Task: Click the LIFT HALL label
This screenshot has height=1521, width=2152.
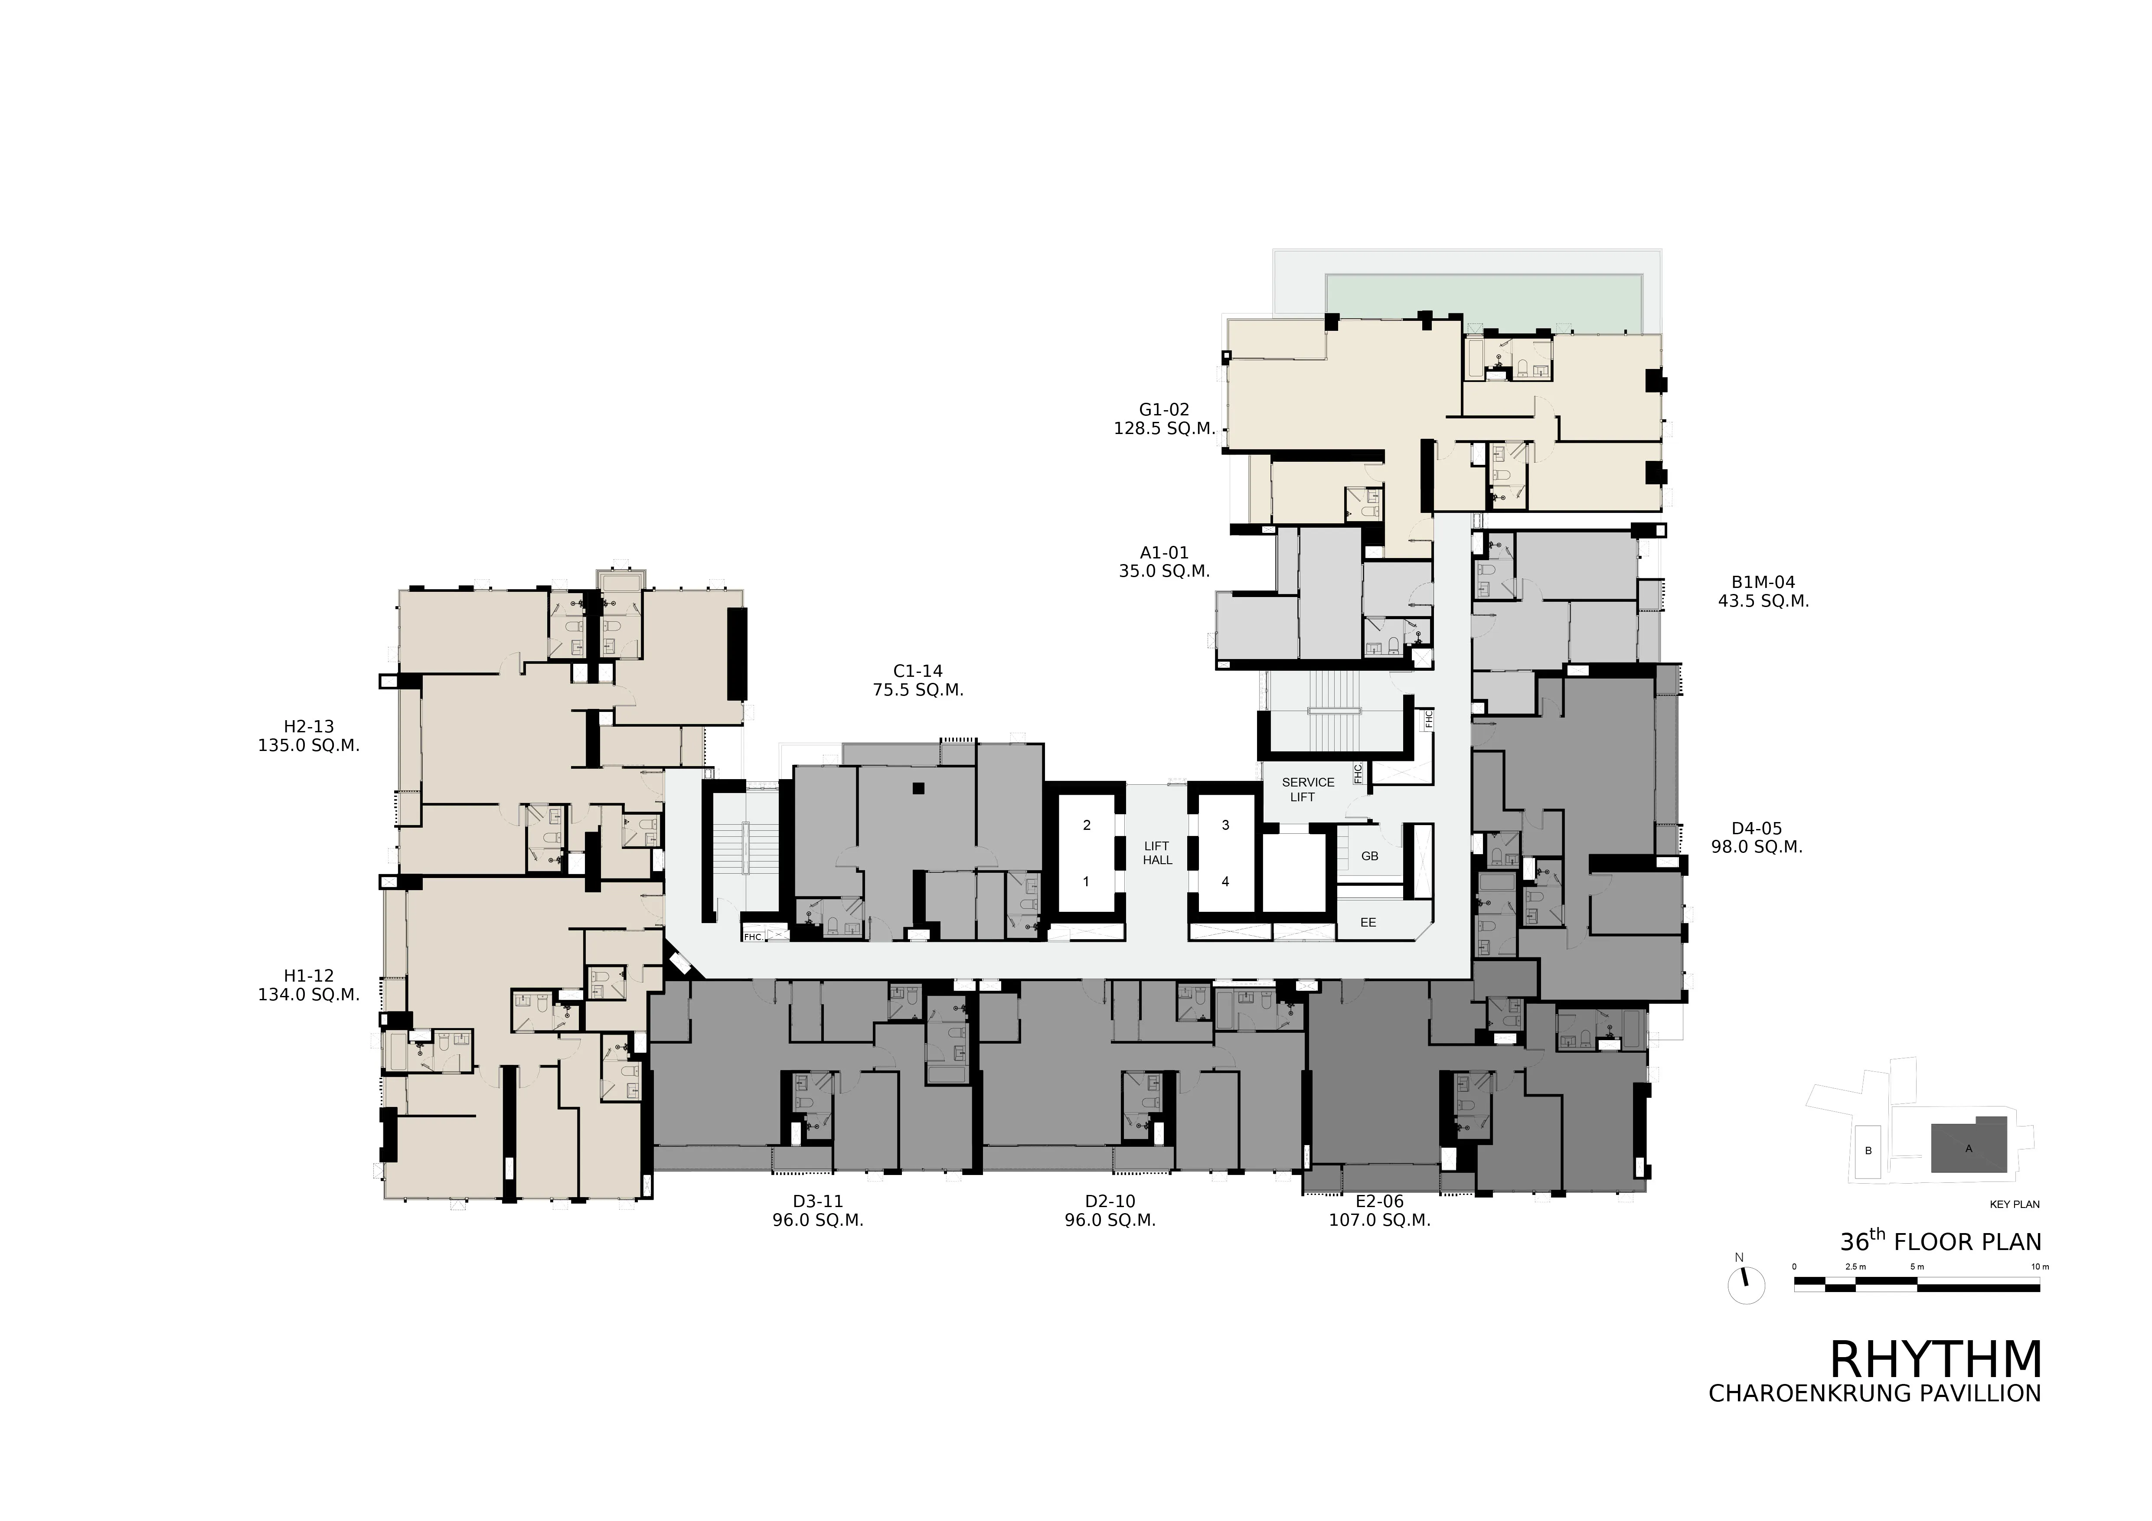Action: click(1158, 853)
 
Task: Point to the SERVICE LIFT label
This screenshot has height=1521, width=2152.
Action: click(1307, 789)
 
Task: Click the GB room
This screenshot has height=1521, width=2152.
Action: click(1369, 855)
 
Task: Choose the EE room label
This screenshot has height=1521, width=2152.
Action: click(1368, 922)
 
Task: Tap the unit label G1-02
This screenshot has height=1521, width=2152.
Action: click(1164, 410)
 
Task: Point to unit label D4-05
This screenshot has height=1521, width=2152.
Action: click(1757, 829)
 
